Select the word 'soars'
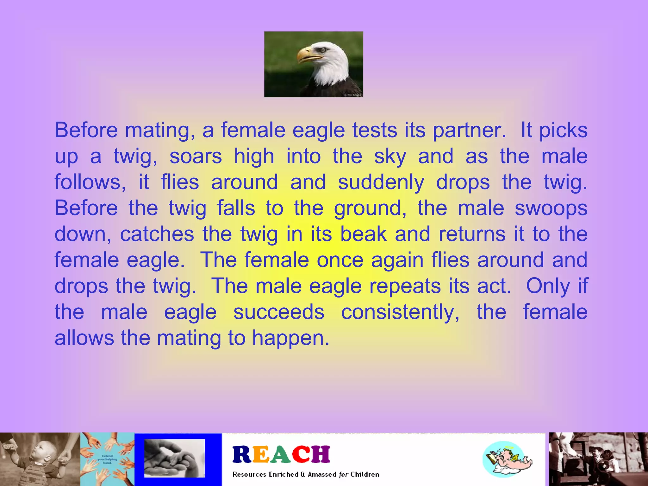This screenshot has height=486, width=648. coord(196,156)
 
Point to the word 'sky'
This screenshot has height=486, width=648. coord(390,157)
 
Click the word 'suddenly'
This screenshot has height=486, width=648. coord(381,183)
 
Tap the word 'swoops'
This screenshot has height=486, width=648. coord(551,209)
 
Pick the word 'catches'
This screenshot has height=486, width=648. coord(157,234)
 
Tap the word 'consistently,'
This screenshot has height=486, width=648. coord(400,312)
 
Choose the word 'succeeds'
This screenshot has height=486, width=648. coord(279,312)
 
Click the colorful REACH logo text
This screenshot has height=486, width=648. coord(281,454)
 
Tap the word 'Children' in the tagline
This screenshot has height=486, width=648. coord(364,475)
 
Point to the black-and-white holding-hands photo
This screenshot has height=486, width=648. coord(174,458)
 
